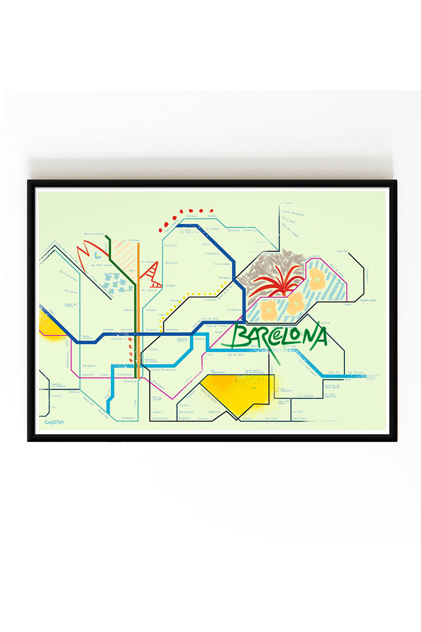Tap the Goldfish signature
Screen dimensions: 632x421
[54, 422]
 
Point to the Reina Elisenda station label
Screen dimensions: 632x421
[94, 234]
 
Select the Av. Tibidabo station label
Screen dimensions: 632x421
[131, 240]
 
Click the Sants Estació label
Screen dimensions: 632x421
[87, 337]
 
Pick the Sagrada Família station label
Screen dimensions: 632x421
[182, 340]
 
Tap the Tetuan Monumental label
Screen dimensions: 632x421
[163, 369]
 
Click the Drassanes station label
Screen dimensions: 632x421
[128, 418]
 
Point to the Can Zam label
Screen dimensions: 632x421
[343, 251]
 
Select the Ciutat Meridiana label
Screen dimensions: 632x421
[292, 213]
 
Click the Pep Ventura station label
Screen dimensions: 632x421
[356, 373]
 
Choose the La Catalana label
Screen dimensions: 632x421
[306, 396]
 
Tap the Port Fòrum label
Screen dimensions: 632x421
[300, 418]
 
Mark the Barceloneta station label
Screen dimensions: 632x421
[160, 418]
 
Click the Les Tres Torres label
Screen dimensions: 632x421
[101, 265]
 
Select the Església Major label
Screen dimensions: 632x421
[368, 300]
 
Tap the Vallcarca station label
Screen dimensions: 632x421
[171, 263]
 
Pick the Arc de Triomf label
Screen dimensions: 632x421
[157, 399]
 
